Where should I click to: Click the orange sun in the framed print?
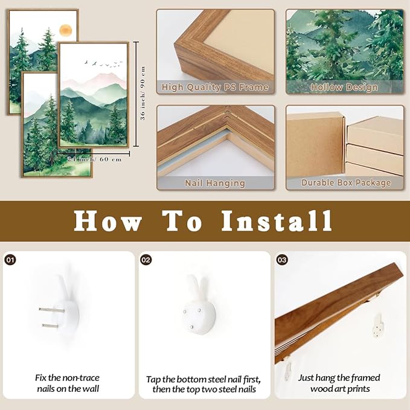click(x=65, y=30)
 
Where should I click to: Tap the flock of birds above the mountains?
click(x=103, y=63)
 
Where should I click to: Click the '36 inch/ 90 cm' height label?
click(x=143, y=93)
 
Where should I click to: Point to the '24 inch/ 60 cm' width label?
click(x=94, y=159)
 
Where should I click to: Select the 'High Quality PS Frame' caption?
click(x=215, y=87)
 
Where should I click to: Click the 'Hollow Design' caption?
click(x=344, y=87)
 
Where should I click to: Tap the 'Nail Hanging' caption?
click(x=215, y=183)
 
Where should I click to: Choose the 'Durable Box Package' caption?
click(x=346, y=182)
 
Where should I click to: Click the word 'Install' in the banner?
click(x=277, y=221)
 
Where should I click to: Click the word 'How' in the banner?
click(x=108, y=221)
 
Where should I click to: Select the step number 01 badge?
click(x=10, y=260)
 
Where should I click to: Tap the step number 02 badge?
click(x=146, y=260)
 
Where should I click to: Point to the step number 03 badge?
click(x=282, y=260)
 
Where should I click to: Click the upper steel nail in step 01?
click(x=52, y=310)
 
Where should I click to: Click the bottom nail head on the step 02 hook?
click(x=191, y=327)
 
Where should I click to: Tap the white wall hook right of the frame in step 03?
click(x=378, y=325)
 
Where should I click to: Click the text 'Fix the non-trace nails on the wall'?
click(x=68, y=383)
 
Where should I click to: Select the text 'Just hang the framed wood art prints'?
click(x=339, y=383)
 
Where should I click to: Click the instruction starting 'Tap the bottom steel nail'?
click(x=204, y=384)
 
